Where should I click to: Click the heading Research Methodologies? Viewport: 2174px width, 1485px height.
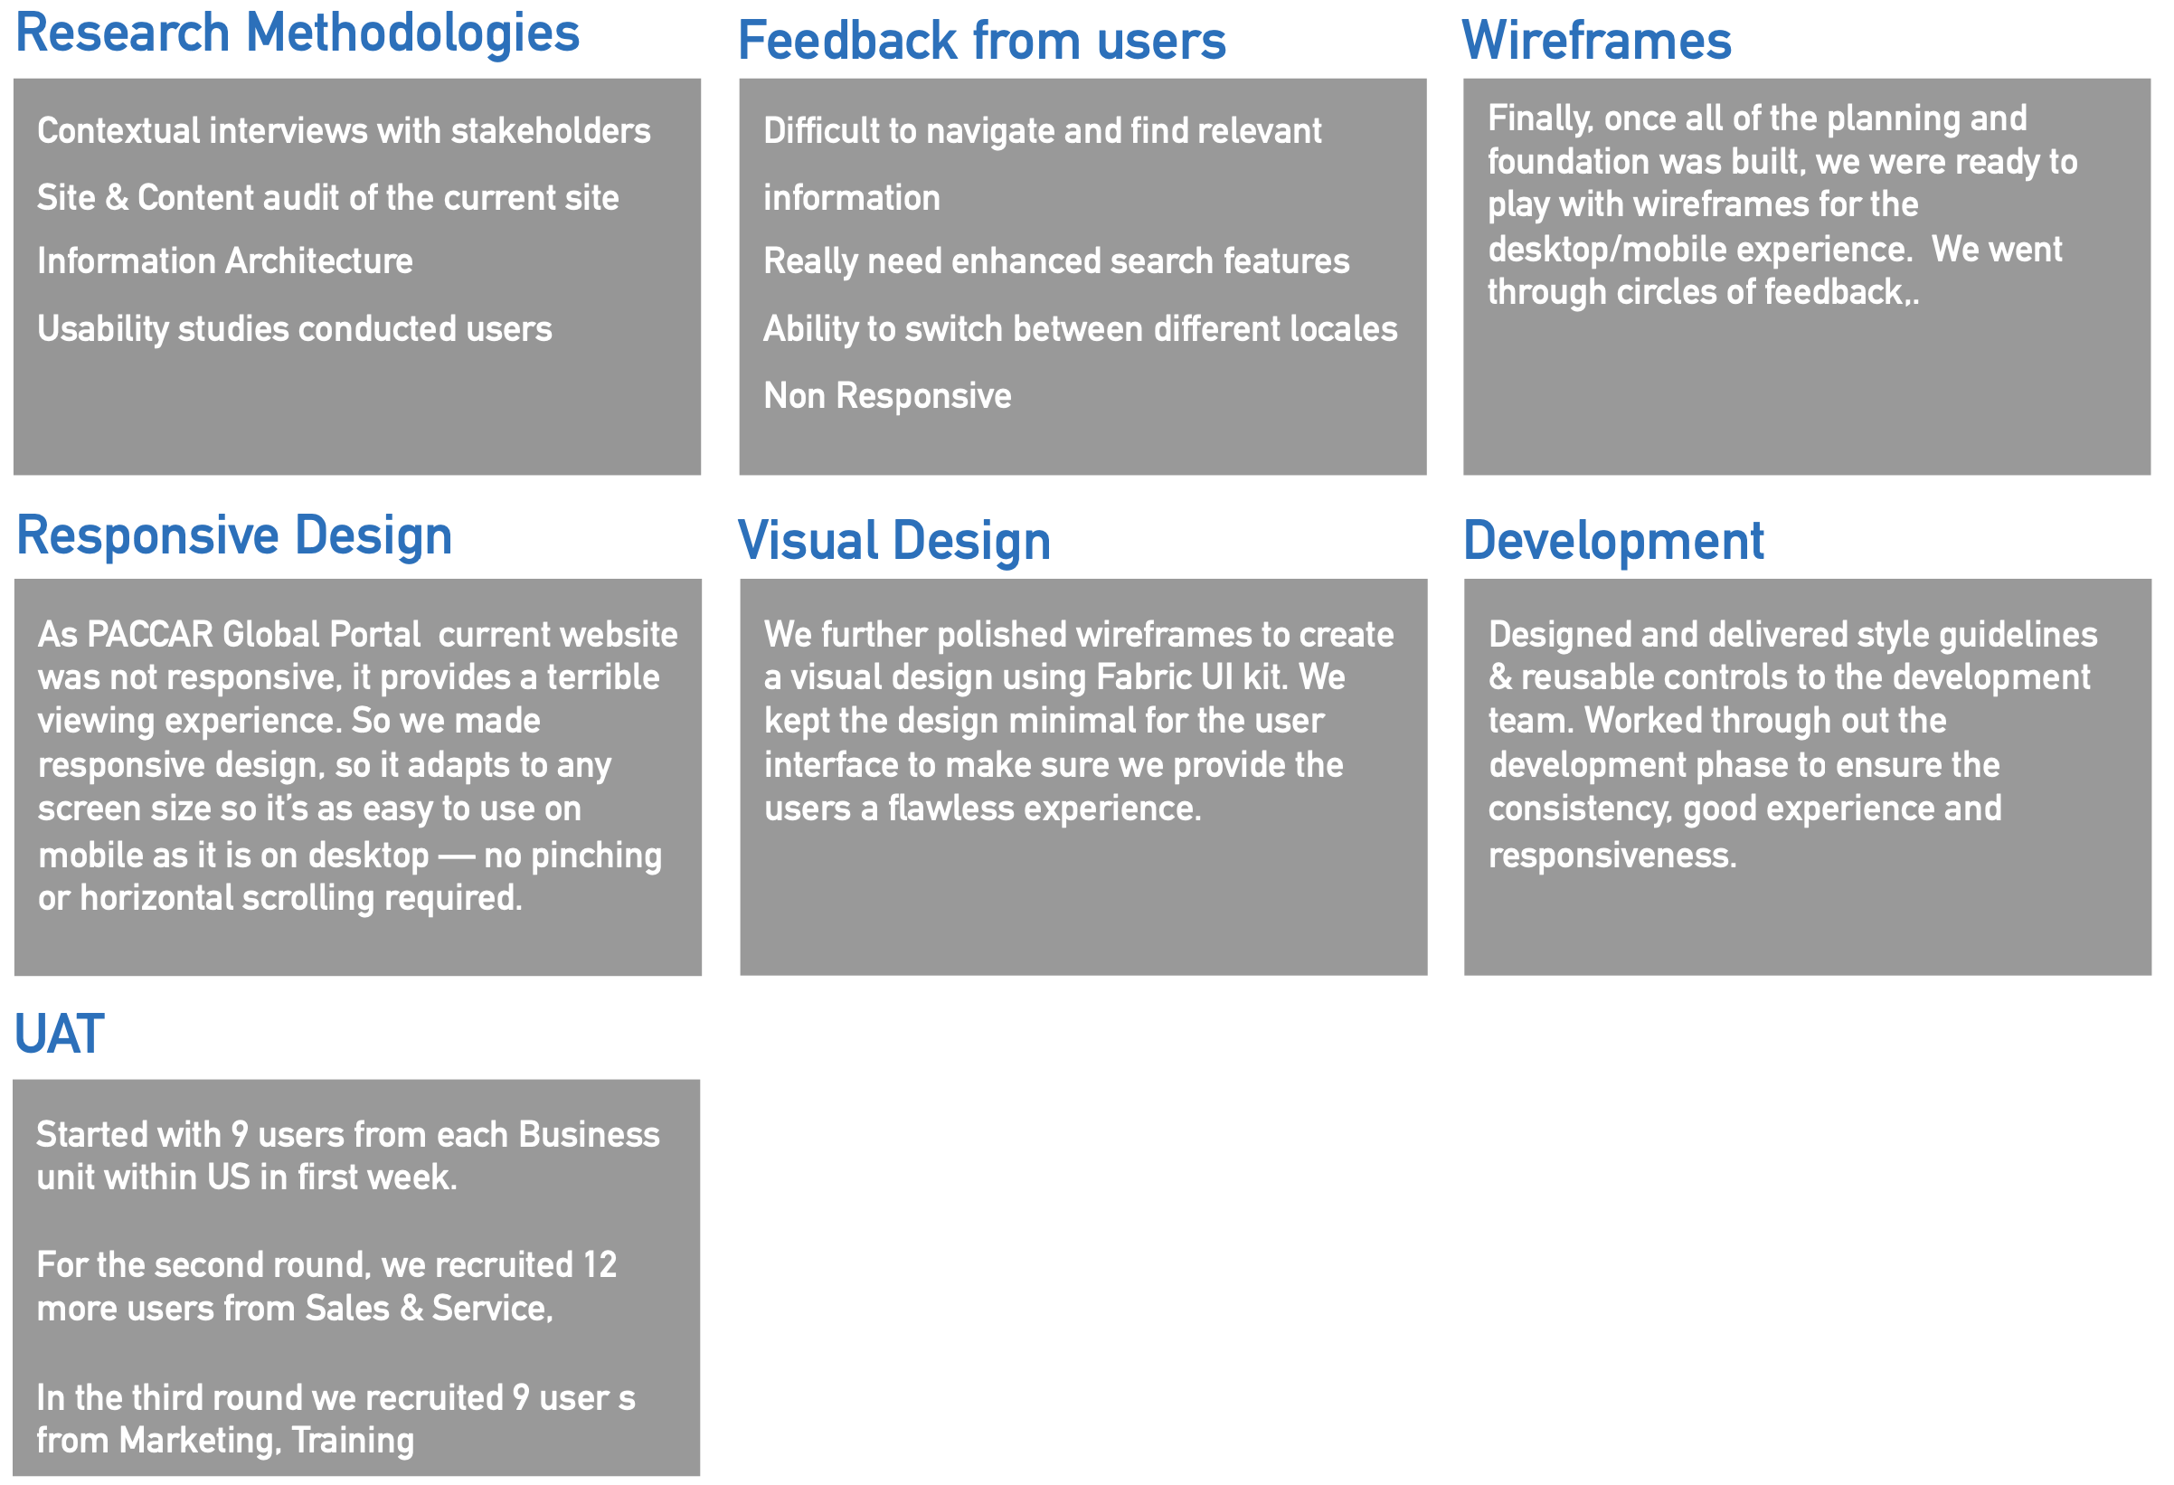click(298, 34)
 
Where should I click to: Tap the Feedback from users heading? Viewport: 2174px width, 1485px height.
click(982, 42)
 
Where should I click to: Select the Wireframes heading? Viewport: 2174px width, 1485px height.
click(1597, 42)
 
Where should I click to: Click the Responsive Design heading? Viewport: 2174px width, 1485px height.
click(234, 537)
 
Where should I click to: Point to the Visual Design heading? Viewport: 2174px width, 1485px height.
click(894, 542)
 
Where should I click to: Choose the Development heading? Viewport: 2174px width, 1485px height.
click(1613, 541)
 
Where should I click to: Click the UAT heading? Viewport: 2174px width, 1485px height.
click(59, 1035)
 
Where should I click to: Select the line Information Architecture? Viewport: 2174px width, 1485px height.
click(224, 261)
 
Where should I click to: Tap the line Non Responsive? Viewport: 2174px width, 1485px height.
click(888, 396)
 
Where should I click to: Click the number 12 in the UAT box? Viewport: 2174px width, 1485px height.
click(600, 1265)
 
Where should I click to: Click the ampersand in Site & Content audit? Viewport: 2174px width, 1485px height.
click(117, 198)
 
